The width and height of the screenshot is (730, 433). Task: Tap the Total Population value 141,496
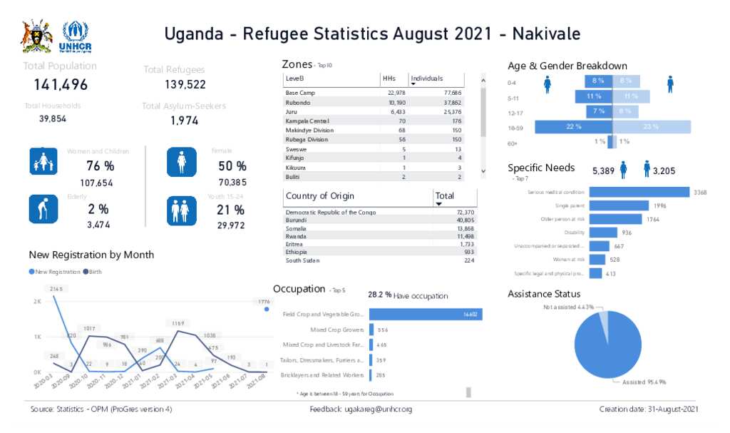coord(61,85)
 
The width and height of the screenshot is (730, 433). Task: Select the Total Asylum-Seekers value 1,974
coord(184,121)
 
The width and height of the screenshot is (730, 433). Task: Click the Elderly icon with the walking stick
coord(43,209)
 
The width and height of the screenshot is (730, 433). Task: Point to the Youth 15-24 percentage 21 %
coord(230,210)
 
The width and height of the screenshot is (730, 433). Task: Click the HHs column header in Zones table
coord(389,78)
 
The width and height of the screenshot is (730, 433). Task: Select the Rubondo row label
coord(297,103)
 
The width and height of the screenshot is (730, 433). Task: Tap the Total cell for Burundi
coord(464,220)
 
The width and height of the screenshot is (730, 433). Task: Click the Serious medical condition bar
coord(639,192)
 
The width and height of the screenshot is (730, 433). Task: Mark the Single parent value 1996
coord(660,205)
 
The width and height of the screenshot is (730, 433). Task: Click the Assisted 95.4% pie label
coord(644,382)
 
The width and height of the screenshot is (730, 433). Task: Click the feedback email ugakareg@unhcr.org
coord(378,409)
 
